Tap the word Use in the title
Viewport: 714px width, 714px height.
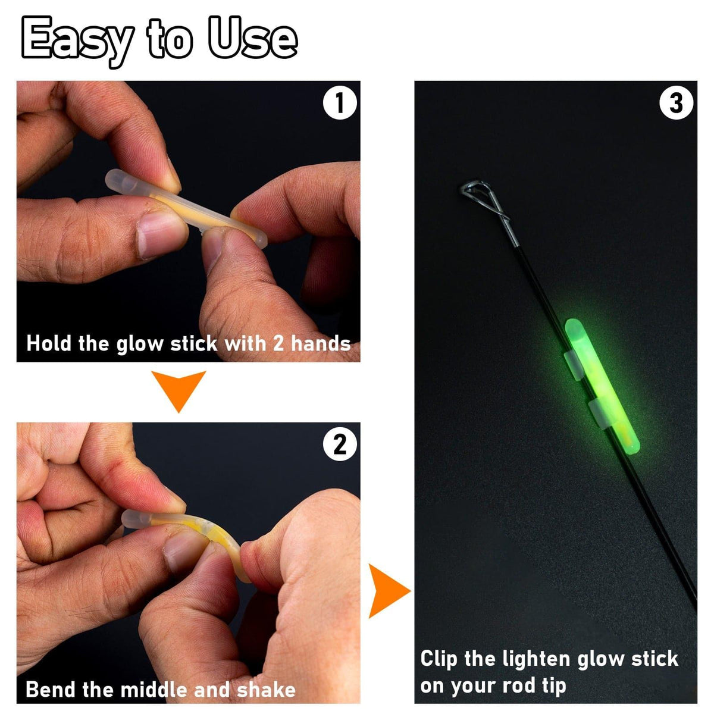[253, 39]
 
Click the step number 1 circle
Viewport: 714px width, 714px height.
[340, 102]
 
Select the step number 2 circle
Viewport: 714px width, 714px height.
[340, 443]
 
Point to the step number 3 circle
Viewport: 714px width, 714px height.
[676, 102]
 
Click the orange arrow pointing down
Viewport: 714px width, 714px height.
[178, 391]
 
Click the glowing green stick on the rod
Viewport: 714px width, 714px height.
[602, 386]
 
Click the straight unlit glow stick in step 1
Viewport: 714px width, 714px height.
[186, 209]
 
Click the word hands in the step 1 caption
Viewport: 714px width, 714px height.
[321, 343]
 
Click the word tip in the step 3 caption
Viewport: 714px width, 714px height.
[555, 686]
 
